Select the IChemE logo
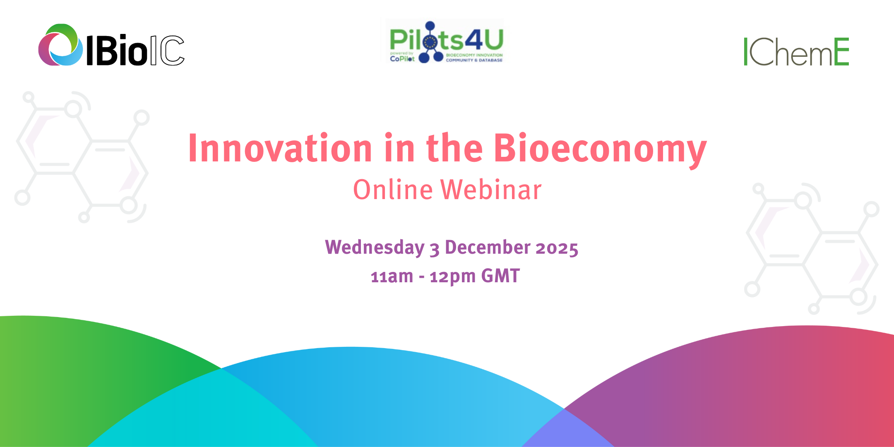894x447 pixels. (x=796, y=52)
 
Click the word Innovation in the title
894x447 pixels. (x=280, y=148)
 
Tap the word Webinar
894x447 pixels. (x=491, y=190)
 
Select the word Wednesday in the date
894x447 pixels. (x=375, y=248)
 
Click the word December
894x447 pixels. (x=488, y=248)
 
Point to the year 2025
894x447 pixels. (x=557, y=248)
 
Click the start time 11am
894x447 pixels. (x=392, y=276)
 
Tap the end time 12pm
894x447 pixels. (x=452, y=276)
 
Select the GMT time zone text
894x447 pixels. (x=500, y=276)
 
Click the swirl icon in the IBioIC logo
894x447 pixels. (x=60, y=45)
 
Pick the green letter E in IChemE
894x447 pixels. (x=841, y=52)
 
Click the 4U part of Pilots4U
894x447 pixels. (x=484, y=40)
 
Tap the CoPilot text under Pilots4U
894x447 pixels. (x=402, y=59)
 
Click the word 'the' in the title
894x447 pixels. (x=454, y=148)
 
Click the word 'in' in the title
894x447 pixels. (x=399, y=148)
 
